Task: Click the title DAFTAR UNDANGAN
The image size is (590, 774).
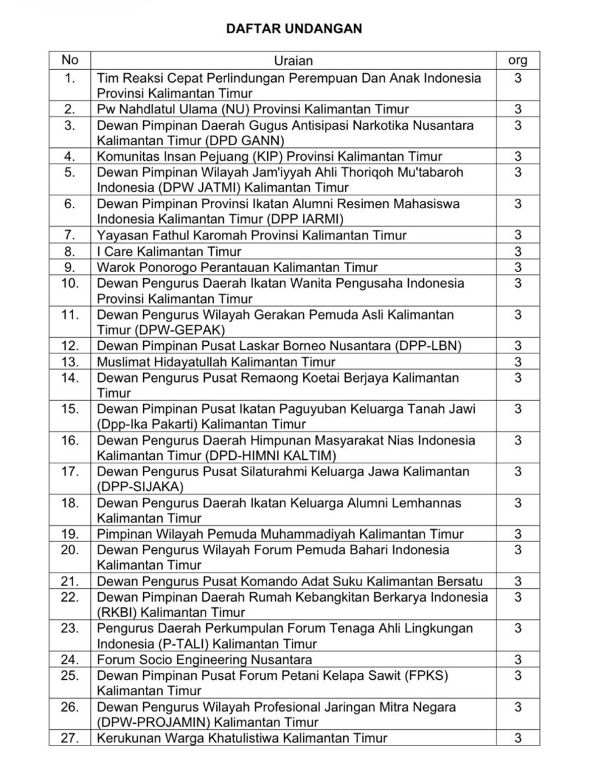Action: click(x=294, y=28)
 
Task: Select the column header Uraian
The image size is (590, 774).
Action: click(x=294, y=61)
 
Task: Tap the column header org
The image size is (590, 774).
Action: click(x=517, y=60)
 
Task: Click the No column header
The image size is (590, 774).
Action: click(x=70, y=60)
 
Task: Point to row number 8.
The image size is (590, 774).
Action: click(x=70, y=251)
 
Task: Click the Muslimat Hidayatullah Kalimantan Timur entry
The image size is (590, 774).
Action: click(x=216, y=362)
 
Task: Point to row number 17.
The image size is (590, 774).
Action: click(x=70, y=471)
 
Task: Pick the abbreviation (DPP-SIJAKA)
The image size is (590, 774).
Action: click(x=140, y=487)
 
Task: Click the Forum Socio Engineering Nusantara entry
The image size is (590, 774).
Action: click(x=204, y=659)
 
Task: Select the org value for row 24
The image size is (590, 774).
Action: click(x=517, y=659)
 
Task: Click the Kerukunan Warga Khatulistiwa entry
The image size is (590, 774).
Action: click(x=241, y=738)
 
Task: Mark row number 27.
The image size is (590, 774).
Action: click(x=70, y=738)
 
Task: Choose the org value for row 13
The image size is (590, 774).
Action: click(x=517, y=362)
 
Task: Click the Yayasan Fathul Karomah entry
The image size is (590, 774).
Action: click(x=252, y=235)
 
